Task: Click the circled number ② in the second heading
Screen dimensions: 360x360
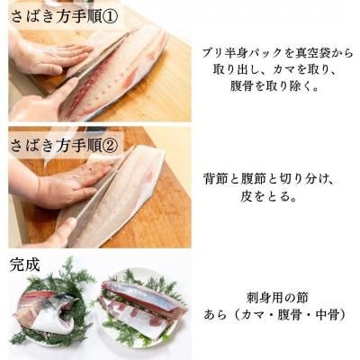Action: (x=110, y=147)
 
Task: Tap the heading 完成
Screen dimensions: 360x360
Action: (x=24, y=265)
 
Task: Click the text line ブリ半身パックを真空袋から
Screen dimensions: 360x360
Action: (x=277, y=53)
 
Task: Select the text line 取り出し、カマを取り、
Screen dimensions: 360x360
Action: (x=276, y=69)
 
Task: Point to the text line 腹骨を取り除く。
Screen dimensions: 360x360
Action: (x=274, y=86)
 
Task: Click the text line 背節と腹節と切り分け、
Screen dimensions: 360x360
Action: (x=268, y=180)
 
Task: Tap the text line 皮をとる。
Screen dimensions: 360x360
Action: (x=268, y=197)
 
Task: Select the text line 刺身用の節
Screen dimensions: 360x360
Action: (x=277, y=298)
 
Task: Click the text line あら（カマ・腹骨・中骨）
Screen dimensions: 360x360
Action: (x=276, y=315)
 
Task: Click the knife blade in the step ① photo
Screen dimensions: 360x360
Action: (x=99, y=56)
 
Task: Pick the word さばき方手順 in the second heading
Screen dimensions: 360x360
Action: (x=56, y=147)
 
